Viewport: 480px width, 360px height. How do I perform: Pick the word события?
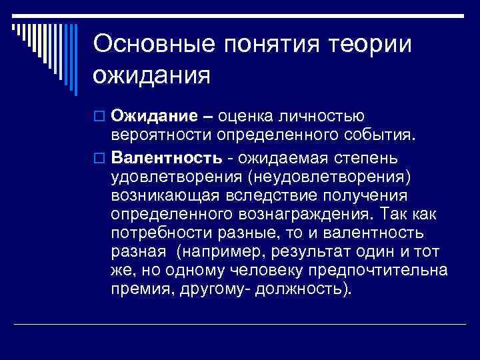tap(383, 138)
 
